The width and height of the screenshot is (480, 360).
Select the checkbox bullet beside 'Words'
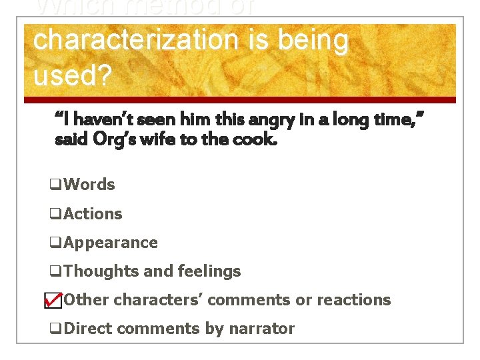coord(55,185)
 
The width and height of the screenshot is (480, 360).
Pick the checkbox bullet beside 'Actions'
coord(55,214)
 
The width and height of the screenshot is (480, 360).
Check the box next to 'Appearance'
coord(55,243)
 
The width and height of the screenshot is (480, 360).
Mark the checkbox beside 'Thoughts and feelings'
coord(55,271)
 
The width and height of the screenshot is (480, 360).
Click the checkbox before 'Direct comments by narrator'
coord(55,329)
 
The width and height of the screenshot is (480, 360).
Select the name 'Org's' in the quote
coord(134,140)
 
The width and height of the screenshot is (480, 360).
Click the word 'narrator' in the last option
coord(262,329)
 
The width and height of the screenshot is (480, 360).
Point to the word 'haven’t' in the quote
coord(96,120)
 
